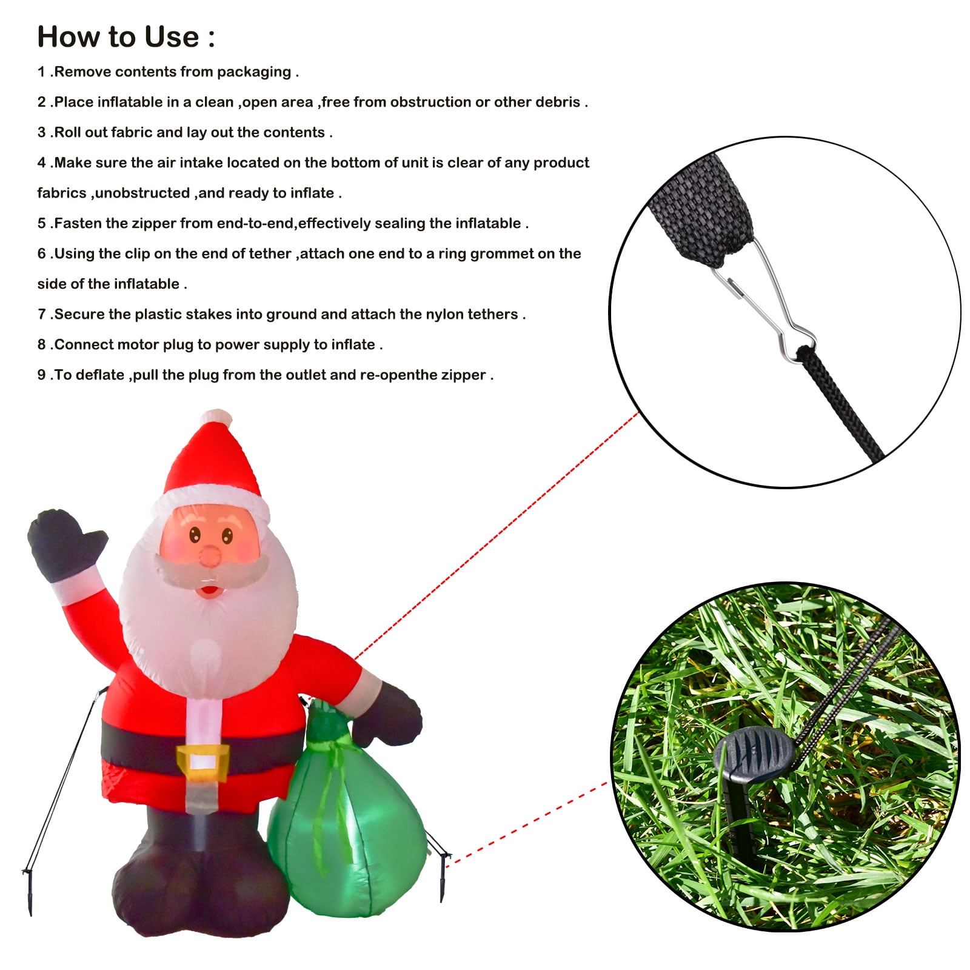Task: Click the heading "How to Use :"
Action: pyautogui.click(x=126, y=37)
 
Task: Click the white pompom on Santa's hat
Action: pyautogui.click(x=216, y=417)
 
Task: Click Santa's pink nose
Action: pyautogui.click(x=210, y=555)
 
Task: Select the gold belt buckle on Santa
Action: pyautogui.click(x=203, y=763)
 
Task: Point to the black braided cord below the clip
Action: pyautogui.click(x=843, y=406)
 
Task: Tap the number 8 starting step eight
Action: pyautogui.click(x=41, y=345)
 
